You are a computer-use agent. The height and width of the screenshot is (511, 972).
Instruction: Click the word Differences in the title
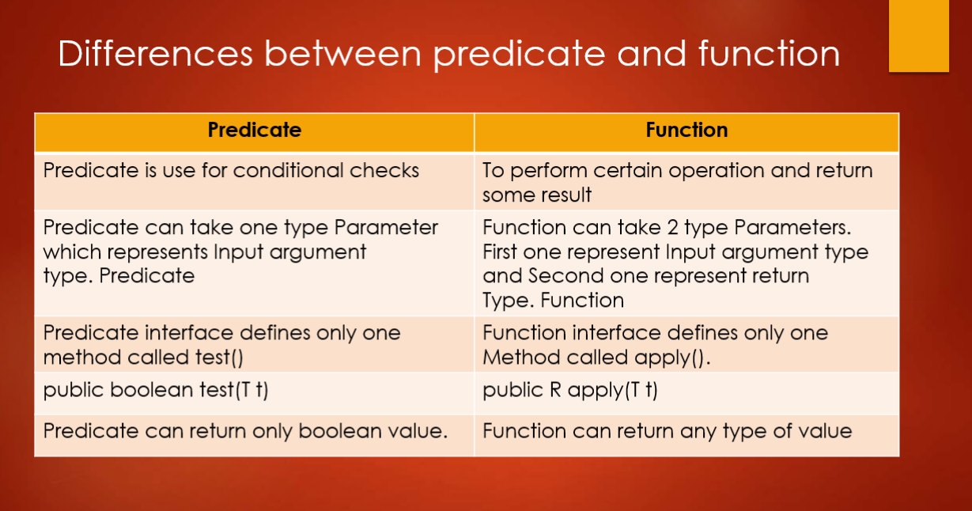click(154, 55)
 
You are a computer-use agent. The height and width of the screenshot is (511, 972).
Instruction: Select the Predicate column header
click(254, 131)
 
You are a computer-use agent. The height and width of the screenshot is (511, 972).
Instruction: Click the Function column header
click(686, 131)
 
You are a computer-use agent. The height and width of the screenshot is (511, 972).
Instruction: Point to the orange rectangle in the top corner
click(918, 36)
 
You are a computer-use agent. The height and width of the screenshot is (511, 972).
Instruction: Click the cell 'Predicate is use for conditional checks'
click(231, 171)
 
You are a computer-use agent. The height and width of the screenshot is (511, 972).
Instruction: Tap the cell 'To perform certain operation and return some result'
click(677, 182)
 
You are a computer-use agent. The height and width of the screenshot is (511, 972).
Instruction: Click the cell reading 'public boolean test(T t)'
click(156, 391)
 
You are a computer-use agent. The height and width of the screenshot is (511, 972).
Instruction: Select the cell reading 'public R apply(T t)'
click(569, 391)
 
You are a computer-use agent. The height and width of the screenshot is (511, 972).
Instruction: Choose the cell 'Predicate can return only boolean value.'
click(246, 432)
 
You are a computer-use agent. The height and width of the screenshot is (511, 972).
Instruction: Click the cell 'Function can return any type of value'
click(667, 432)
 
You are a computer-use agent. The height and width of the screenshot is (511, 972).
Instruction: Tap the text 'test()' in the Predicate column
click(216, 358)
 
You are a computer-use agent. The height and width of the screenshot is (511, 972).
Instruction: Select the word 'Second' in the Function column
click(562, 276)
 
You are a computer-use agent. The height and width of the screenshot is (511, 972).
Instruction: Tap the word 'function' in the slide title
click(770, 55)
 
